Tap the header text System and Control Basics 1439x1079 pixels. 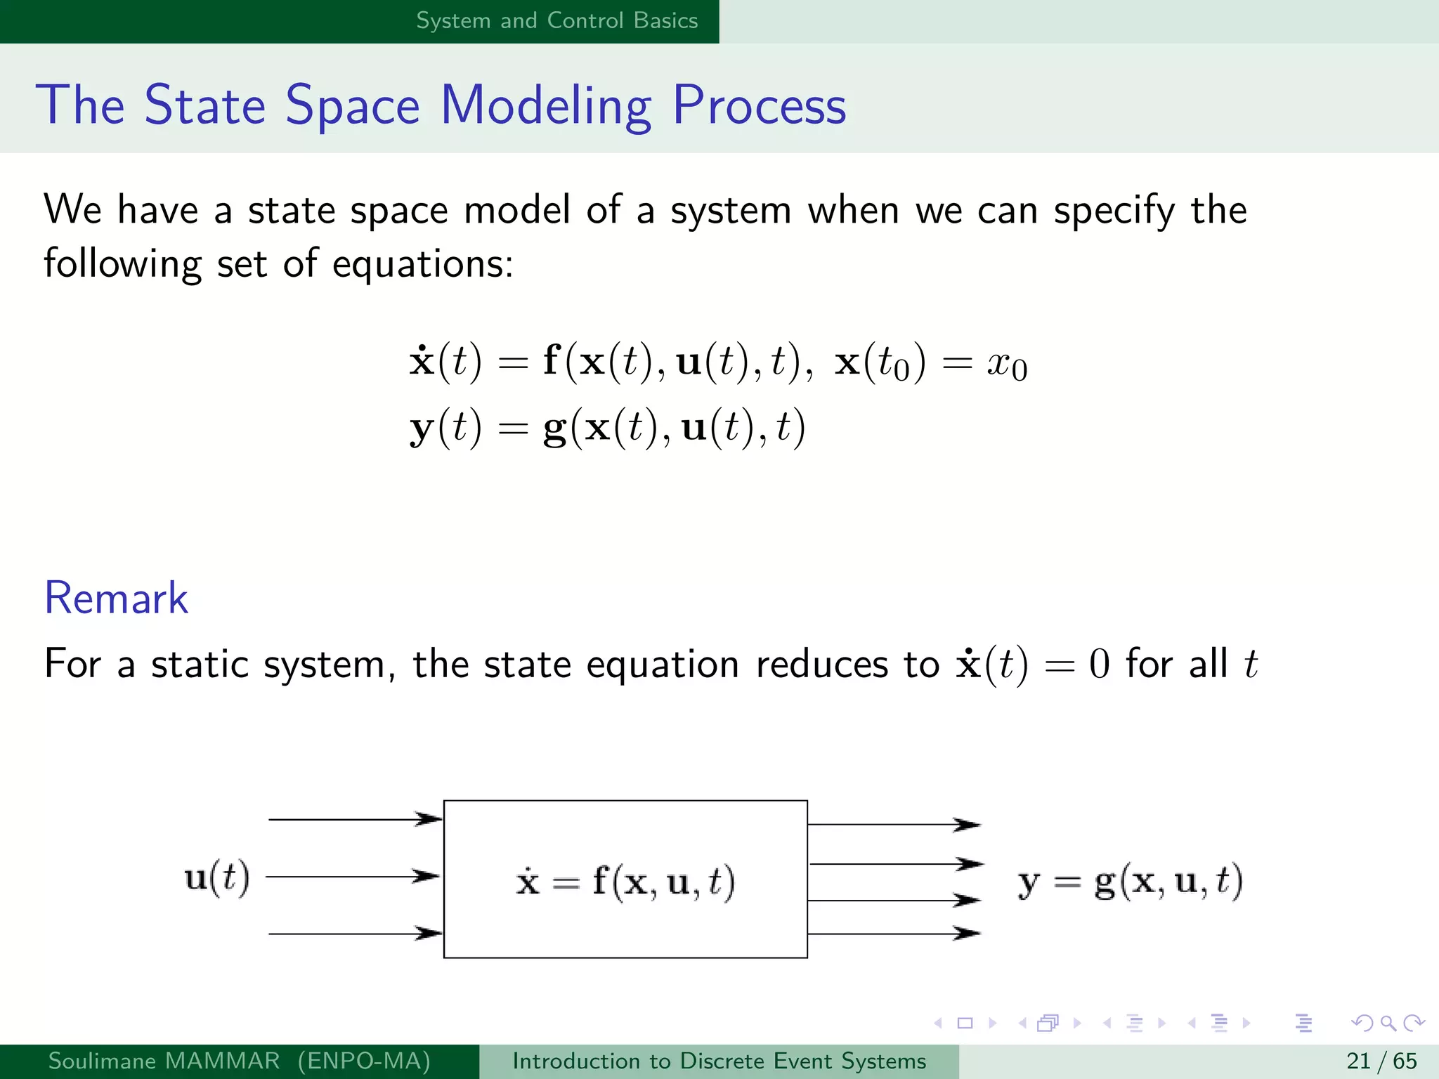(x=556, y=20)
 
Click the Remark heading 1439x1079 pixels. (x=116, y=599)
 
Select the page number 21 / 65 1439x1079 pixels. (x=1381, y=1061)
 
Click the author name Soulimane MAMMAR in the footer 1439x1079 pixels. (x=164, y=1061)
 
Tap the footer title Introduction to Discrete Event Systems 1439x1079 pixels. (x=719, y=1061)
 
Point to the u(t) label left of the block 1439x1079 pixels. (x=216, y=878)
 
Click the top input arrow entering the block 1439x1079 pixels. (x=355, y=819)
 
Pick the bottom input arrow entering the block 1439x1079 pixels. (x=355, y=934)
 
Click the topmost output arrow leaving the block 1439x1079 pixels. (x=894, y=825)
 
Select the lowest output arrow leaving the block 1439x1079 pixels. (x=894, y=934)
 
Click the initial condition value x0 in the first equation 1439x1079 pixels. (x=1007, y=365)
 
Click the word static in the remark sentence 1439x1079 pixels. (x=200, y=665)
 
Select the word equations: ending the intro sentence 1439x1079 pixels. (x=422, y=265)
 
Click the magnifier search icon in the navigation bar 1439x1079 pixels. (x=1388, y=1023)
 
